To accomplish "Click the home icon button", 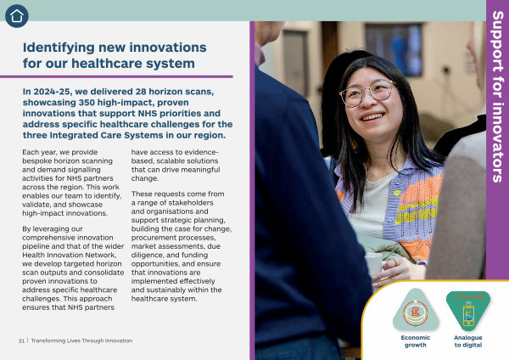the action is pyautogui.click(x=17, y=16).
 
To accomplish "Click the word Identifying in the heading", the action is pyautogui.click(x=58, y=48).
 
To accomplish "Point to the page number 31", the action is pyautogui.click(x=21, y=340).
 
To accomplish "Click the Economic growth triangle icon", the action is pyautogui.click(x=416, y=310).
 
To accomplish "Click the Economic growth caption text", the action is pyautogui.click(x=416, y=341).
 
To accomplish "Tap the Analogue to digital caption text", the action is pyautogui.click(x=467, y=341).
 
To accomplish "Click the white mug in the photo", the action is pyautogui.click(x=373, y=263).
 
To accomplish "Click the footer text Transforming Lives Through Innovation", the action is pyautogui.click(x=81, y=340).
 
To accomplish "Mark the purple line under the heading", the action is pyautogui.click(x=116, y=76).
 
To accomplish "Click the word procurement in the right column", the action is pyautogui.click(x=150, y=238).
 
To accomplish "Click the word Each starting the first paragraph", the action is pyautogui.click(x=29, y=152).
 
